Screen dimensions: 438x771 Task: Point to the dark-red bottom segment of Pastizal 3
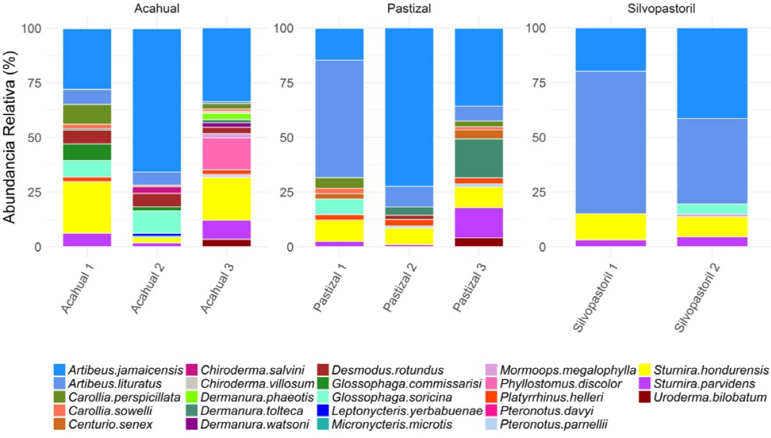pyautogui.click(x=479, y=242)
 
